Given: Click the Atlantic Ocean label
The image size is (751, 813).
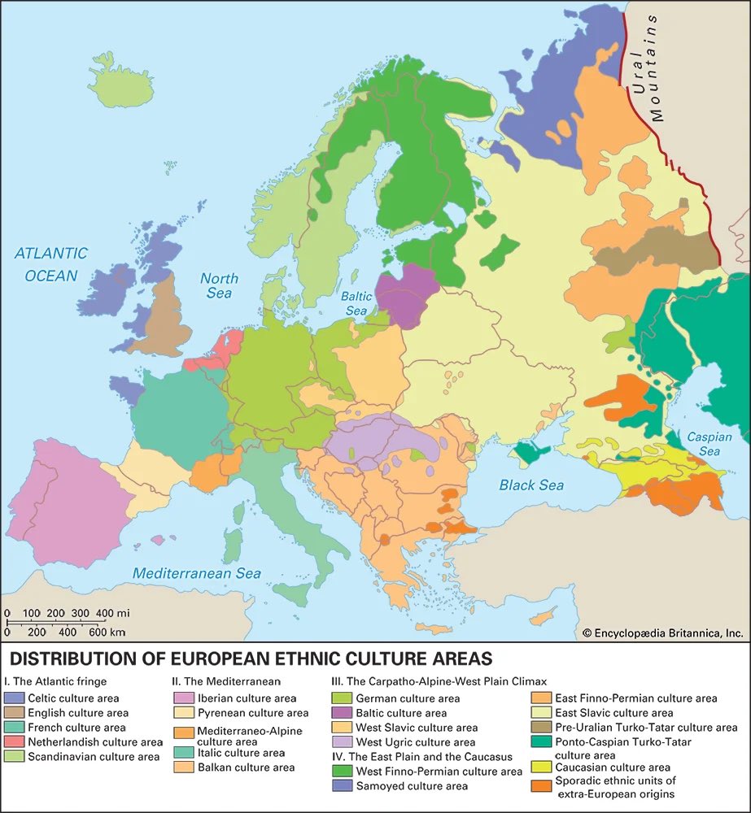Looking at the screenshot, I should tap(50, 264).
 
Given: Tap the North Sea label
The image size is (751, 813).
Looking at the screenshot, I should tap(219, 285).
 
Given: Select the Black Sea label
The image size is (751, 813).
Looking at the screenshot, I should tap(531, 485).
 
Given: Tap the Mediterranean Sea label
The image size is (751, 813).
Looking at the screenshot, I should tap(197, 573).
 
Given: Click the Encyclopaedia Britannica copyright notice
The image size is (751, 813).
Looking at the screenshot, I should tap(662, 633).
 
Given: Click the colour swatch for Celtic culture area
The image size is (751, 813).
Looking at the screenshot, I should tap(15, 698).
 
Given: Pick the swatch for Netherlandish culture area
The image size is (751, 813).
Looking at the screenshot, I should tap(15, 742).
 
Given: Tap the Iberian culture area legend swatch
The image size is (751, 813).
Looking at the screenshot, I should tap(184, 698).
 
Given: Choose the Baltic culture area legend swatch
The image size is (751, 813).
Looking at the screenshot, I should tap(343, 713).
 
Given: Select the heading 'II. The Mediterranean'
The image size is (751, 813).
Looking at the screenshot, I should tap(225, 681).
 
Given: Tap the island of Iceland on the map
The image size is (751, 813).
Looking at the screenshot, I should tap(122, 81).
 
